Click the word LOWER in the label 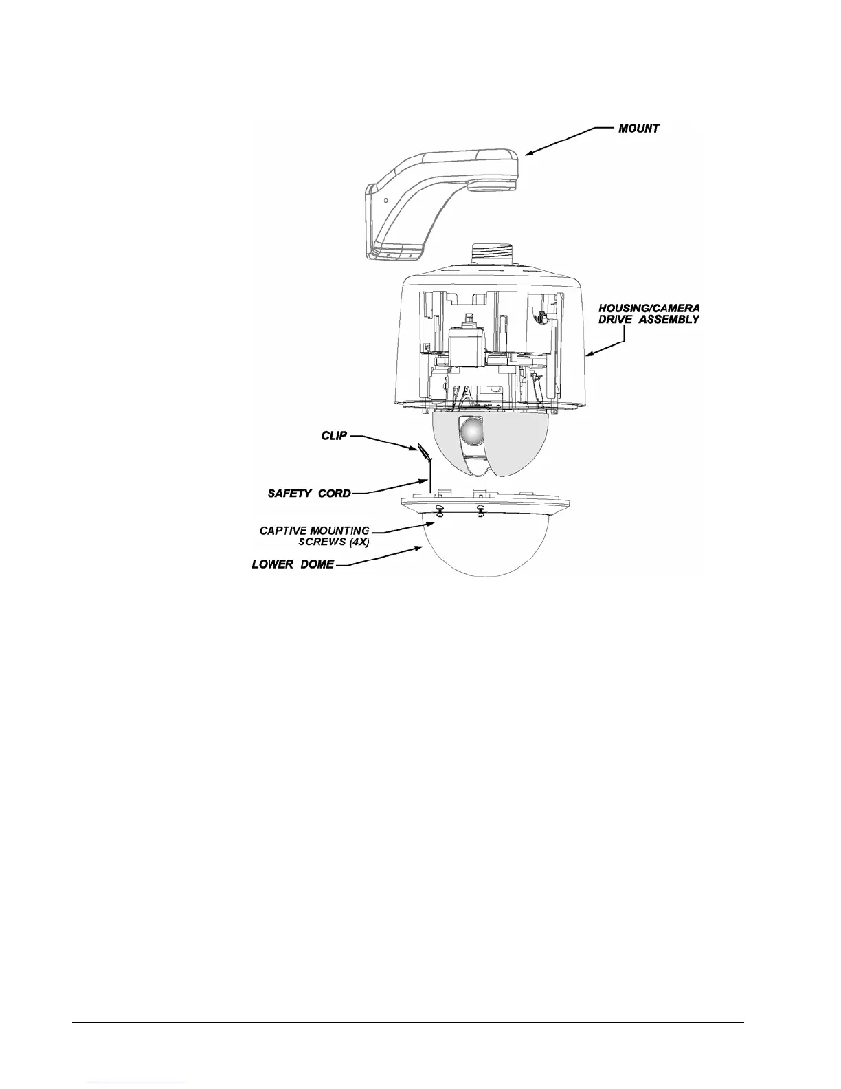[274, 564]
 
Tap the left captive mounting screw [439, 511]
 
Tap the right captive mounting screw [480, 511]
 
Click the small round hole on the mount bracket [385, 200]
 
